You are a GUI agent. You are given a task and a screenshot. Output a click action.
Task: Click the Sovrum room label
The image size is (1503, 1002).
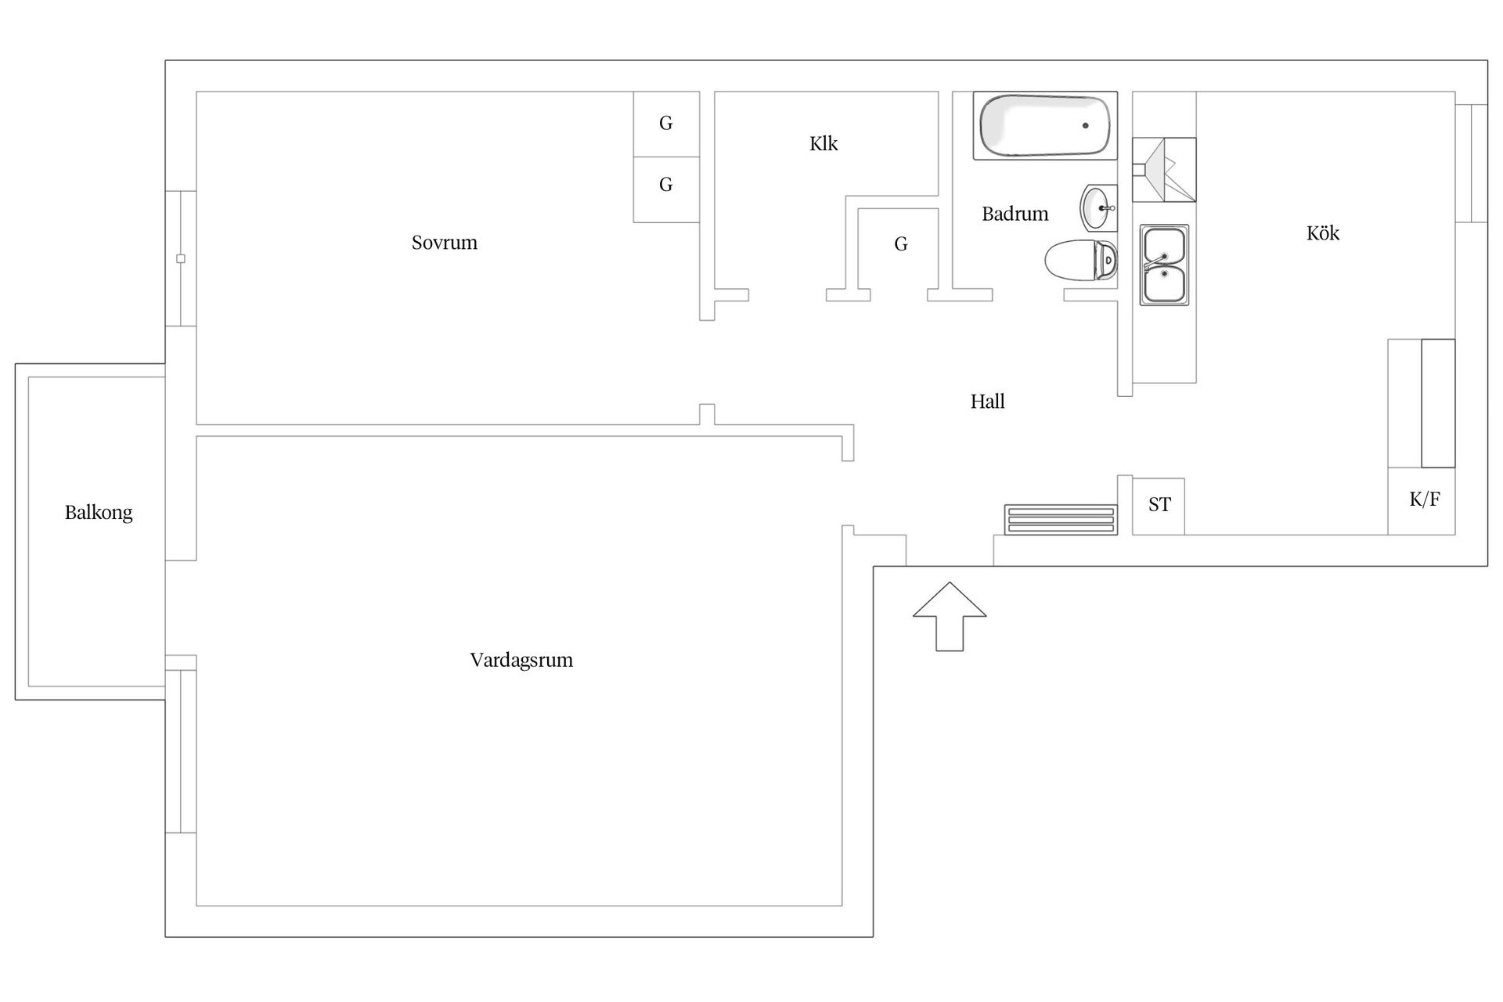tap(444, 243)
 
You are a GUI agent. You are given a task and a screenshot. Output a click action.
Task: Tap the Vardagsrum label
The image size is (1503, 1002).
tap(521, 660)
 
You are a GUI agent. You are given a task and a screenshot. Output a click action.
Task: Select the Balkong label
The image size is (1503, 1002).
tap(99, 513)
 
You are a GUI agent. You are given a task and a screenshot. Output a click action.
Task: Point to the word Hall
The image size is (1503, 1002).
tap(987, 402)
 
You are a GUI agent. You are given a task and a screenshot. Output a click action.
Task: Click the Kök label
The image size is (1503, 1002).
tap(1323, 232)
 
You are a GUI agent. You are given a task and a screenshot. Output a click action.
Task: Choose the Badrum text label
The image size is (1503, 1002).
tap(1015, 214)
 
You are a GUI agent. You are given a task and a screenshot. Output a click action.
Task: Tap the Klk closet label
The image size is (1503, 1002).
tap(824, 143)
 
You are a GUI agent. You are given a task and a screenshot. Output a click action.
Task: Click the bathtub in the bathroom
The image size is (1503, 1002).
tap(1045, 126)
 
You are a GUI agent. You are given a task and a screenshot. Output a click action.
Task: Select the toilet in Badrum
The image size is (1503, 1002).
tap(1081, 260)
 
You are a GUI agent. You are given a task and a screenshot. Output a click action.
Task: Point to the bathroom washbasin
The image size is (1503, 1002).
tap(1099, 207)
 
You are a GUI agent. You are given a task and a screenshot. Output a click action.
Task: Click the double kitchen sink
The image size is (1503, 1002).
tap(1164, 265)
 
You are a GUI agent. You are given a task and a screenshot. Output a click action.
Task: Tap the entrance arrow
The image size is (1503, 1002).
tap(950, 616)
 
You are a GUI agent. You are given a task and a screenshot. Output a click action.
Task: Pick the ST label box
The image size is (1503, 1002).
tap(1159, 506)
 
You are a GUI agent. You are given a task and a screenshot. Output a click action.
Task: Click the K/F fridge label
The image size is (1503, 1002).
tap(1425, 499)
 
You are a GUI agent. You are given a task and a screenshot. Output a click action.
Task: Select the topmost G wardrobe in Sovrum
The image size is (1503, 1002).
tap(666, 124)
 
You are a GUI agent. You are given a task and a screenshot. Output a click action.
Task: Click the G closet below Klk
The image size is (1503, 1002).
tap(900, 244)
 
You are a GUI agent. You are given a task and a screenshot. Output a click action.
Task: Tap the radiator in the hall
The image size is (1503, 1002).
tap(1061, 520)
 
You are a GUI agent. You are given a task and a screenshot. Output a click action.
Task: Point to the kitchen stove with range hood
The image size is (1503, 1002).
tap(1164, 170)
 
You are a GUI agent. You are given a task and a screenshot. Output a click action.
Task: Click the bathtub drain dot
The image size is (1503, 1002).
tap(1086, 125)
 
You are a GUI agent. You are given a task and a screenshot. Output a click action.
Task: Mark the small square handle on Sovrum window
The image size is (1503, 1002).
tap(181, 258)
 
